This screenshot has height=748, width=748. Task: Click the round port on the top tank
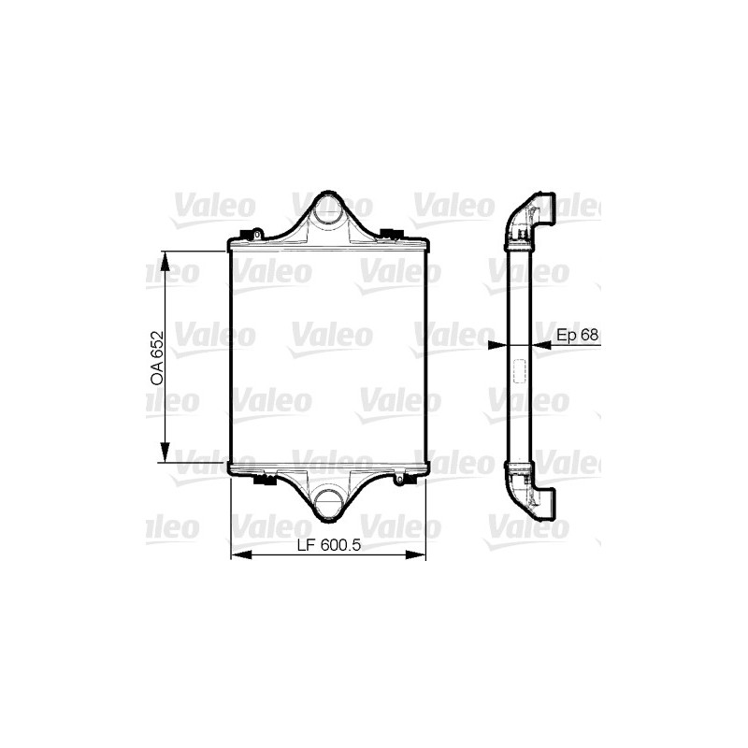click(326, 209)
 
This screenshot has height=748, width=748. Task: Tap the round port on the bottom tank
click(326, 504)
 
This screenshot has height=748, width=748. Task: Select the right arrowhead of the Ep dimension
click(541, 344)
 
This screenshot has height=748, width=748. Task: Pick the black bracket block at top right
click(391, 233)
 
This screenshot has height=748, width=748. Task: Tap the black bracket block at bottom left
click(264, 482)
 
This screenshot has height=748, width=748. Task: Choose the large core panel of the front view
click(327, 355)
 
